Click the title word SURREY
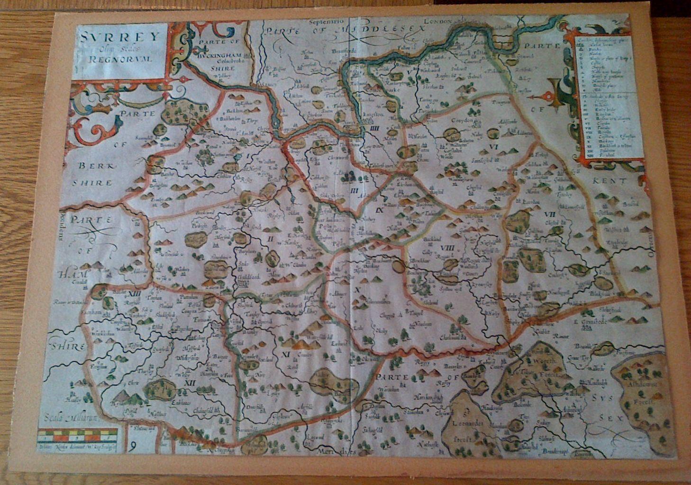119,36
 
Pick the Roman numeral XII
191,383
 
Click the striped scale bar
77,434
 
